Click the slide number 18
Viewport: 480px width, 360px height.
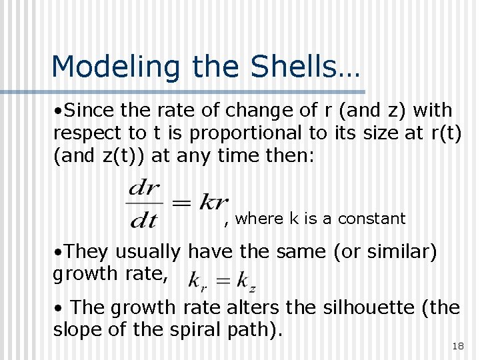point(457,345)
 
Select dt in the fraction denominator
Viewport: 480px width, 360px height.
point(144,218)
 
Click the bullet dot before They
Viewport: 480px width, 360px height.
point(59,253)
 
